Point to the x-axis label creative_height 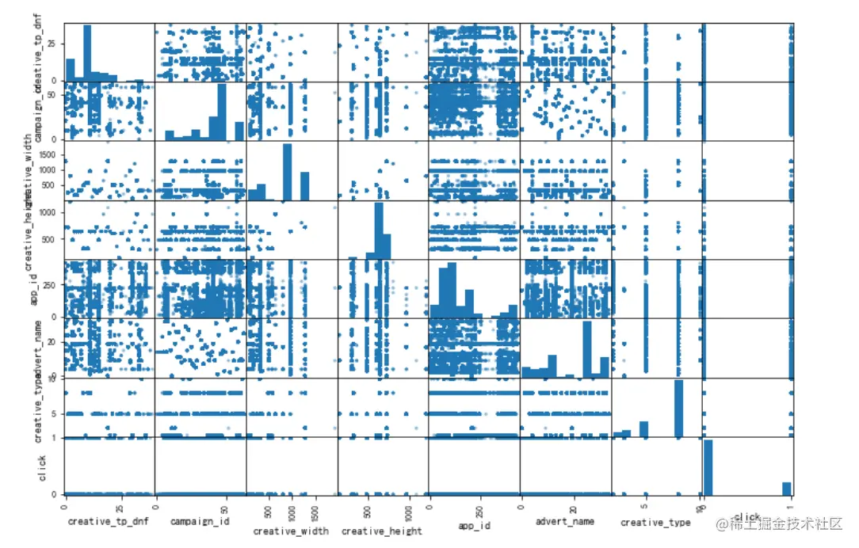point(382,531)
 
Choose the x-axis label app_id point(475,524)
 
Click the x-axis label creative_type point(655,523)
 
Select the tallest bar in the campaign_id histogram point(222,112)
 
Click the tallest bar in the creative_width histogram point(287,171)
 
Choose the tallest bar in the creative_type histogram point(679,409)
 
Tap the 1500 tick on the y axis point(48,154)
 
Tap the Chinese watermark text point(781,524)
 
